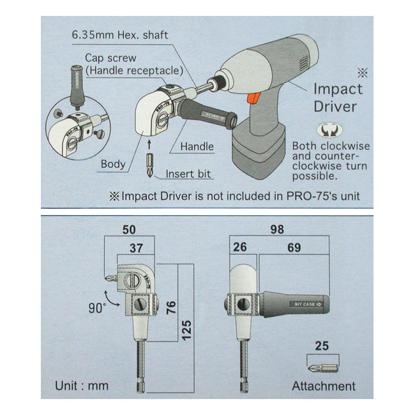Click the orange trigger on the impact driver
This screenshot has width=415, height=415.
click(253, 98)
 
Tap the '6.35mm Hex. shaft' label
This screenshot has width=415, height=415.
click(120, 35)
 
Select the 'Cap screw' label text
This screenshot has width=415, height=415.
click(110, 58)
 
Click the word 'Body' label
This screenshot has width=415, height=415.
click(113, 164)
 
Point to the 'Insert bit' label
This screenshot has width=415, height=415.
click(188, 174)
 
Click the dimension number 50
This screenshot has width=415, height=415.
click(129, 229)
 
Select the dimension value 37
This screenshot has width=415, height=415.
click(136, 248)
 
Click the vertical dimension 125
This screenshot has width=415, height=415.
click(186, 330)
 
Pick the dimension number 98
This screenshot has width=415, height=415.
click(277, 229)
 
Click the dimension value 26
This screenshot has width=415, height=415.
click(240, 247)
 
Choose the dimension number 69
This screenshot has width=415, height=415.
click(294, 248)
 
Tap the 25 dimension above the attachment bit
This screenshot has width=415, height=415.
click(322, 346)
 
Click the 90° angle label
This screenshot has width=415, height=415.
click(97, 308)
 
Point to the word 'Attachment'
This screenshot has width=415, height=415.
click(324, 386)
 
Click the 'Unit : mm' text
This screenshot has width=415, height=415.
click(82, 386)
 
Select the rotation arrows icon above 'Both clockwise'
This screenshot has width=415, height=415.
click(329, 130)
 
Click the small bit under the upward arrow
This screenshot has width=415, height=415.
click(150, 165)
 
